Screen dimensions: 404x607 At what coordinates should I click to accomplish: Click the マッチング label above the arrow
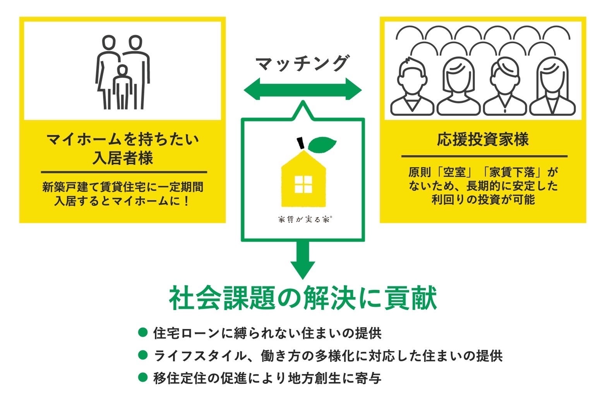click(x=302, y=63)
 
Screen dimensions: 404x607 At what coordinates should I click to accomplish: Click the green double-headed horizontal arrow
click(x=302, y=91)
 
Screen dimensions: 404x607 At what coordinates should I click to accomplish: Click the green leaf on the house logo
click(x=322, y=144)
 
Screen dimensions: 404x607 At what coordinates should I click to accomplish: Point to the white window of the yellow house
click(x=303, y=184)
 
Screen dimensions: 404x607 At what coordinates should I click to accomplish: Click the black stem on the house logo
click(x=300, y=143)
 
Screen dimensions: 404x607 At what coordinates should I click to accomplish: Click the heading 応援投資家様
click(x=483, y=139)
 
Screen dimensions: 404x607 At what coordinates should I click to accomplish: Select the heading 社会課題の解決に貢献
click(x=303, y=298)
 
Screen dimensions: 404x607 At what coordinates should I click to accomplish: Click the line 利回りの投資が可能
click(x=483, y=200)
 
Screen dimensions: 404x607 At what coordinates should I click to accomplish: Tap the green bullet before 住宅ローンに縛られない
click(x=143, y=332)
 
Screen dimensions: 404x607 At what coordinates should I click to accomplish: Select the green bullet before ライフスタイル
click(x=143, y=355)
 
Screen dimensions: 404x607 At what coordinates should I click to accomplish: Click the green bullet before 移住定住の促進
click(x=143, y=377)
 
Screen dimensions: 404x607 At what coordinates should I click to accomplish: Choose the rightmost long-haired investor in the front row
click(x=552, y=87)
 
